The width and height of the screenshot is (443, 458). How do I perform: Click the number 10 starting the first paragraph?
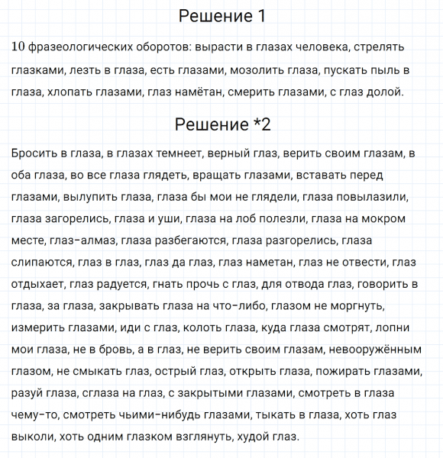point(20,47)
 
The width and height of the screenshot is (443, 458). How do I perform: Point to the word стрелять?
point(380,47)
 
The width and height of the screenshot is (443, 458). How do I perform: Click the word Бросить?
point(34,153)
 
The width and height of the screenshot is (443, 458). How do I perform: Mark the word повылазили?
point(373,197)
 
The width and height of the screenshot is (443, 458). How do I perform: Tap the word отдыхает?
point(37,285)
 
